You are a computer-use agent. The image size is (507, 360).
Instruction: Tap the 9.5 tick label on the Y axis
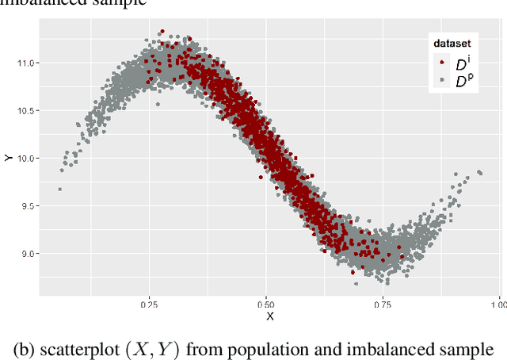click(x=28, y=206)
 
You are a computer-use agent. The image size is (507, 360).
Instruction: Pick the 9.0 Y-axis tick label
click(x=28, y=254)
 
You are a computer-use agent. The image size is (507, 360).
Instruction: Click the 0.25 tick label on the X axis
click(x=148, y=304)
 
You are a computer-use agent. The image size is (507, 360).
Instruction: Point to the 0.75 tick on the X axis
click(x=383, y=304)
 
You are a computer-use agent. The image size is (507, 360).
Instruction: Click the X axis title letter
click(x=269, y=316)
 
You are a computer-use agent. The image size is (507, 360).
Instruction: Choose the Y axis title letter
click(x=7, y=158)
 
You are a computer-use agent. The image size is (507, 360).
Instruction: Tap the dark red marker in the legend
click(x=441, y=63)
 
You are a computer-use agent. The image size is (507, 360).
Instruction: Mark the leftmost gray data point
click(x=59, y=189)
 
